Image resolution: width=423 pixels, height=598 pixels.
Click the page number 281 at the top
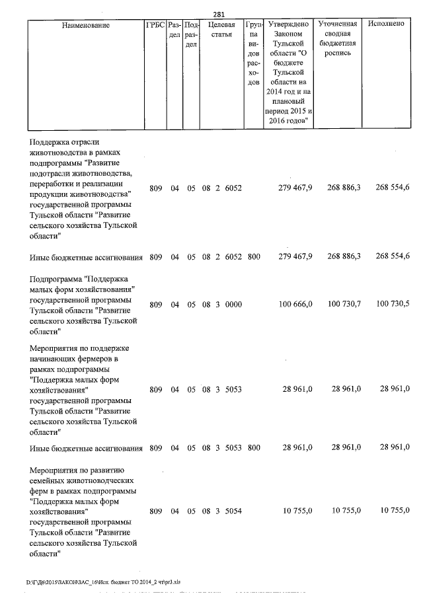(x=219, y=14)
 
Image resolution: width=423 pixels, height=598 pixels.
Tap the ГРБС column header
(x=155, y=25)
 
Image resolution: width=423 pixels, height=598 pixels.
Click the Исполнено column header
(x=386, y=24)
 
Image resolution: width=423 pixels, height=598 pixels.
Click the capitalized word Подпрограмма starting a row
(x=56, y=279)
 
